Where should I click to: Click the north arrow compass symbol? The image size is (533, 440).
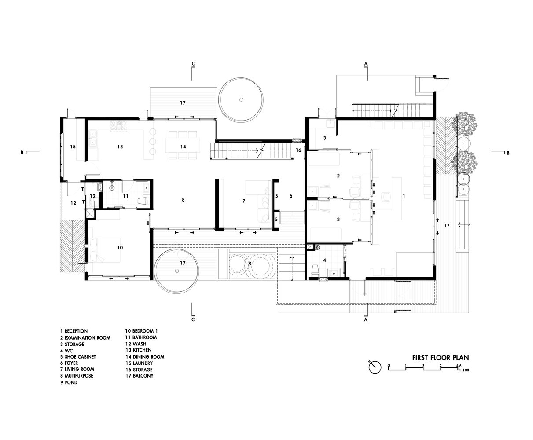(x=375, y=367)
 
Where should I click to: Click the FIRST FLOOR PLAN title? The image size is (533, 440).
(x=441, y=358)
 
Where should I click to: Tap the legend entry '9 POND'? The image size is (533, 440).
(x=69, y=382)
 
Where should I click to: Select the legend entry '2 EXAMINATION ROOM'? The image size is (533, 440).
(x=85, y=337)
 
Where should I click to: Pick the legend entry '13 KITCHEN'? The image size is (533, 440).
(x=138, y=350)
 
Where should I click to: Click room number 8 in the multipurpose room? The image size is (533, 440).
(x=183, y=200)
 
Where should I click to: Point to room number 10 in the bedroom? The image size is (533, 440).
(x=120, y=248)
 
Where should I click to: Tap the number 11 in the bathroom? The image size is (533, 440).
(x=125, y=196)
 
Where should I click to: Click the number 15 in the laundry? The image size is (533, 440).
(x=73, y=147)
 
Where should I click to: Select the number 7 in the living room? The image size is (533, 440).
(x=243, y=201)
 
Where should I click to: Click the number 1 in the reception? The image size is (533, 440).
(x=404, y=196)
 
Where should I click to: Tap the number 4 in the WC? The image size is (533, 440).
(x=324, y=260)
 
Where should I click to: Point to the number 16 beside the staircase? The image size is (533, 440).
(x=298, y=150)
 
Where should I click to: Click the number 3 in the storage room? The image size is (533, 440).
(x=324, y=138)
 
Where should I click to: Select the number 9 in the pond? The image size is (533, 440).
(x=250, y=264)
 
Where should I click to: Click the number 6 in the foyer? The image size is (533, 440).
(x=291, y=196)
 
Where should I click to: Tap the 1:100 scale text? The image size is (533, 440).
(x=464, y=370)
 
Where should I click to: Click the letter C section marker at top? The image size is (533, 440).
(x=193, y=63)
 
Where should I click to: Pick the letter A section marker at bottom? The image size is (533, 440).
(x=366, y=319)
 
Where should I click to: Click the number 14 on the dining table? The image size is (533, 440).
(x=183, y=147)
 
